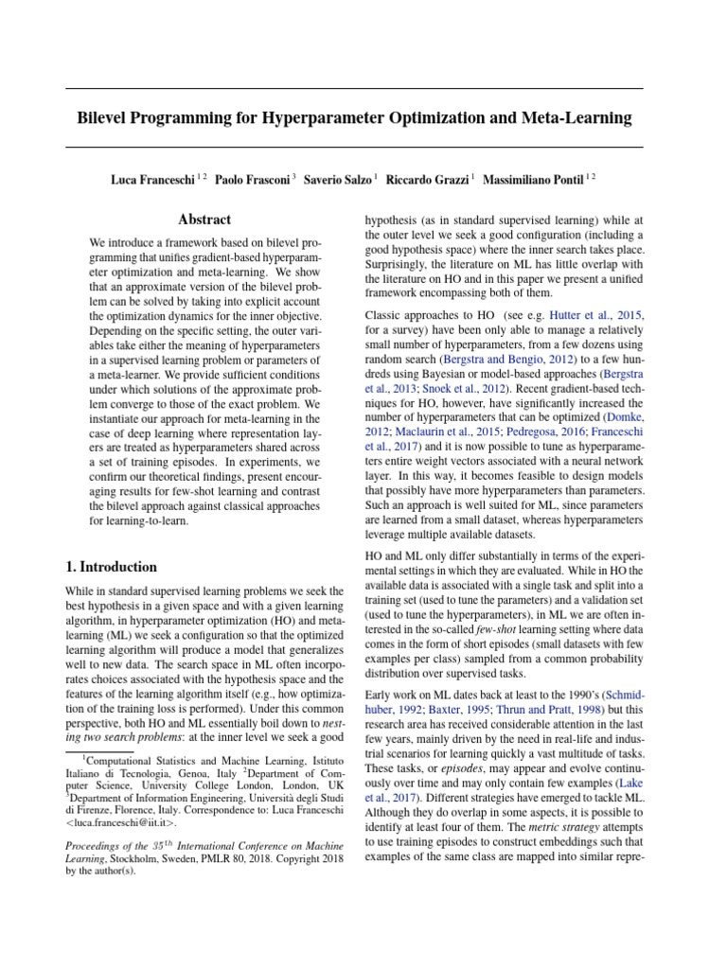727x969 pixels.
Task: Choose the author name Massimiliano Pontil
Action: [536, 178]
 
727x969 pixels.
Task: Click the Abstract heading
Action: [205, 220]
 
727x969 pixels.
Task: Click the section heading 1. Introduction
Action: [112, 567]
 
